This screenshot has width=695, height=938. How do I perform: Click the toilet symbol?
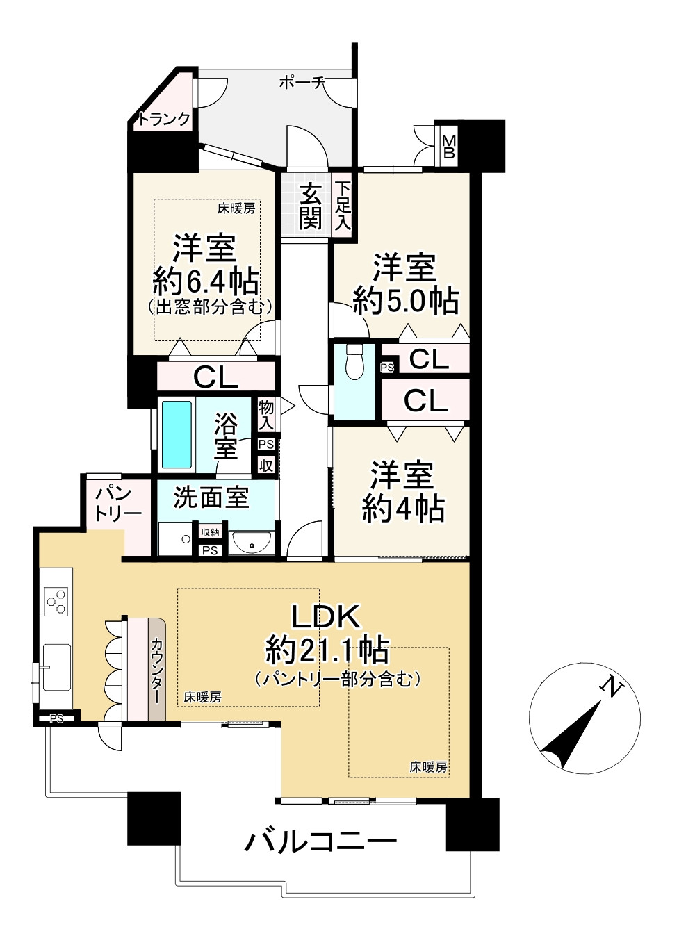pos(354,361)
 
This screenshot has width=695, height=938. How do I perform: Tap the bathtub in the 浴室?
pos(177,434)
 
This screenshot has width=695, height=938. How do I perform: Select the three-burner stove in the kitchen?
pos(57,602)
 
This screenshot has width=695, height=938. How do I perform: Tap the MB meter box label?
pos(449,146)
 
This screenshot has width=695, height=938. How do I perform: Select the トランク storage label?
pos(165,120)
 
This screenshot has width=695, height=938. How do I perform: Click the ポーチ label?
pos(301,83)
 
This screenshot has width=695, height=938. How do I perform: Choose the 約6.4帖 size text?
pos(206,282)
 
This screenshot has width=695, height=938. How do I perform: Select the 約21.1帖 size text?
pos(327,651)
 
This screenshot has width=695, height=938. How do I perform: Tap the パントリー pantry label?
pos(118,504)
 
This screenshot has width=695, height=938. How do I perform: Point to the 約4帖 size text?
pos(402,509)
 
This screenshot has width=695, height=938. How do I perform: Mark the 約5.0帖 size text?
pos(405,300)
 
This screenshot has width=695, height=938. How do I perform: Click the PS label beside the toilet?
pos(387,368)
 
